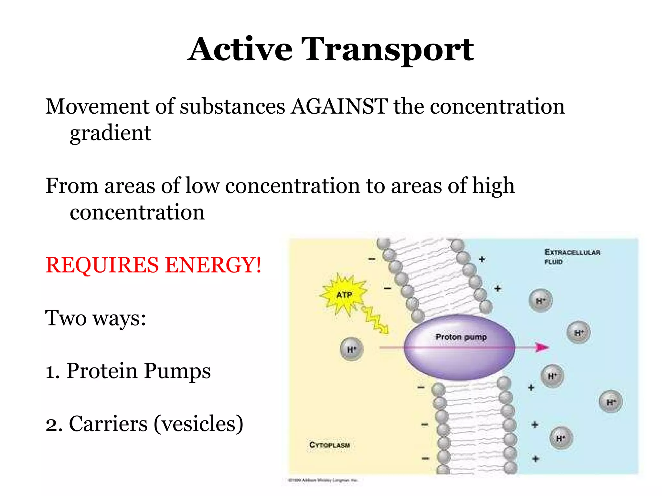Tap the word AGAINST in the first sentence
pyautogui.click(x=339, y=107)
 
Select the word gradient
pyautogui.click(x=111, y=133)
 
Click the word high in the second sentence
pyautogui.click(x=493, y=187)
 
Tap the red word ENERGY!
pyautogui.click(x=213, y=265)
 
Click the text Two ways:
pyautogui.click(x=96, y=318)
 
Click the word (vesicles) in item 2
pyautogui.click(x=198, y=424)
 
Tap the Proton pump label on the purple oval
pyautogui.click(x=461, y=337)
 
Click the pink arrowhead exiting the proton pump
pyautogui.click(x=542, y=347)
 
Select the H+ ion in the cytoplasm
pyautogui.click(x=352, y=349)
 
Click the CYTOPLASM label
pyautogui.click(x=330, y=445)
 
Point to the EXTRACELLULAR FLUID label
pyautogui.click(x=572, y=256)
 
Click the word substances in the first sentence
pyautogui.click(x=232, y=107)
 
